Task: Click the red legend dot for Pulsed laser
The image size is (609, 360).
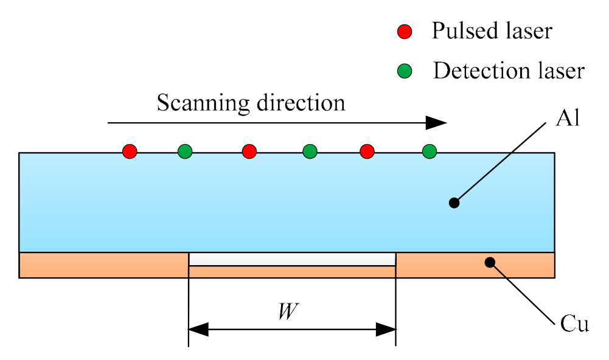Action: coord(405,32)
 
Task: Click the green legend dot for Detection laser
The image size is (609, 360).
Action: coord(405,71)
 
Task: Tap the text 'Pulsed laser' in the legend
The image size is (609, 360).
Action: coord(492,31)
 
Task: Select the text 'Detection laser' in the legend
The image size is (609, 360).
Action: coord(508,71)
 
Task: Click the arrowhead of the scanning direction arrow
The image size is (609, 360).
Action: coord(436,123)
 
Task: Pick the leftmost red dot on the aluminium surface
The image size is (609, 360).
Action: coord(130,151)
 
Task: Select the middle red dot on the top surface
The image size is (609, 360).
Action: coord(249,151)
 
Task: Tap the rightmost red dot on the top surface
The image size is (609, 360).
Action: coord(366,151)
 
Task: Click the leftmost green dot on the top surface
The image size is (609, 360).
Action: coord(185,151)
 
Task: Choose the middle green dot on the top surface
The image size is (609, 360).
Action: coord(310,151)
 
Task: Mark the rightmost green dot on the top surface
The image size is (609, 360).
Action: coord(430,151)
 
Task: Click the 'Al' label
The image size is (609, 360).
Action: coord(568,117)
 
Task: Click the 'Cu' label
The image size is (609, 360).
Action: coord(574,324)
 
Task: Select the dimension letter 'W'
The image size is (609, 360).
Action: coord(284,311)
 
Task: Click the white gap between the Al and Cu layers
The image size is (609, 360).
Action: coord(292,260)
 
